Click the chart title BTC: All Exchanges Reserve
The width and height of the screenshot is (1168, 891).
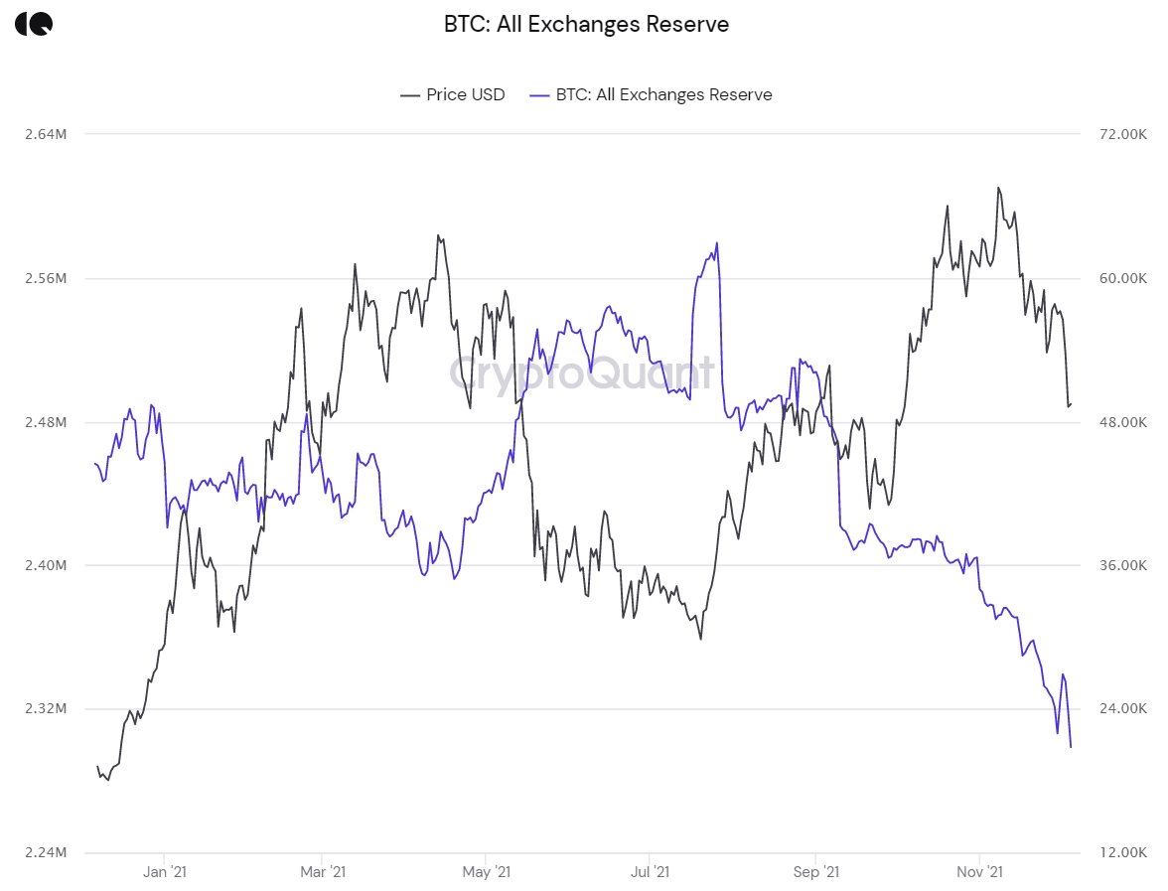click(586, 24)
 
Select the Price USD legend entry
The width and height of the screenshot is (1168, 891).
click(453, 94)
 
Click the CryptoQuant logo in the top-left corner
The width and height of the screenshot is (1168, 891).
click(34, 24)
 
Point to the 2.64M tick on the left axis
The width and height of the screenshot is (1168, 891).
click(47, 134)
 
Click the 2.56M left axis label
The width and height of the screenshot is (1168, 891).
click(47, 278)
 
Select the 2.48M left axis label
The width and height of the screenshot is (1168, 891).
click(47, 422)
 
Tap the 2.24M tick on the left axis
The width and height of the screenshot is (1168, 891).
click(47, 852)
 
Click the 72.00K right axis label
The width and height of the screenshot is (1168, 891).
click(1120, 134)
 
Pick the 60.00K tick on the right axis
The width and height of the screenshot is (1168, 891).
click(1120, 278)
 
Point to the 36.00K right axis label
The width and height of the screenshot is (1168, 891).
click(1120, 565)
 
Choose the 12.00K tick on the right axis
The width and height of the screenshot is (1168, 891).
click(1120, 852)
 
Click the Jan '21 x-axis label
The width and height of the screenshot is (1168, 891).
click(164, 872)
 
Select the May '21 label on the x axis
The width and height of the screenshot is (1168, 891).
click(487, 872)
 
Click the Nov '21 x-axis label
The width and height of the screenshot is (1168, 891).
click(980, 872)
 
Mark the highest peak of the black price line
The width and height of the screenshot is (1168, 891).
click(998, 187)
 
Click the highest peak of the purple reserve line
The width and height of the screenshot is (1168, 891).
click(716, 242)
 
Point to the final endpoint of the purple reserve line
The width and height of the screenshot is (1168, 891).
click(1071, 747)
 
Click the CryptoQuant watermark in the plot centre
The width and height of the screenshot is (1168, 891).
click(582, 373)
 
